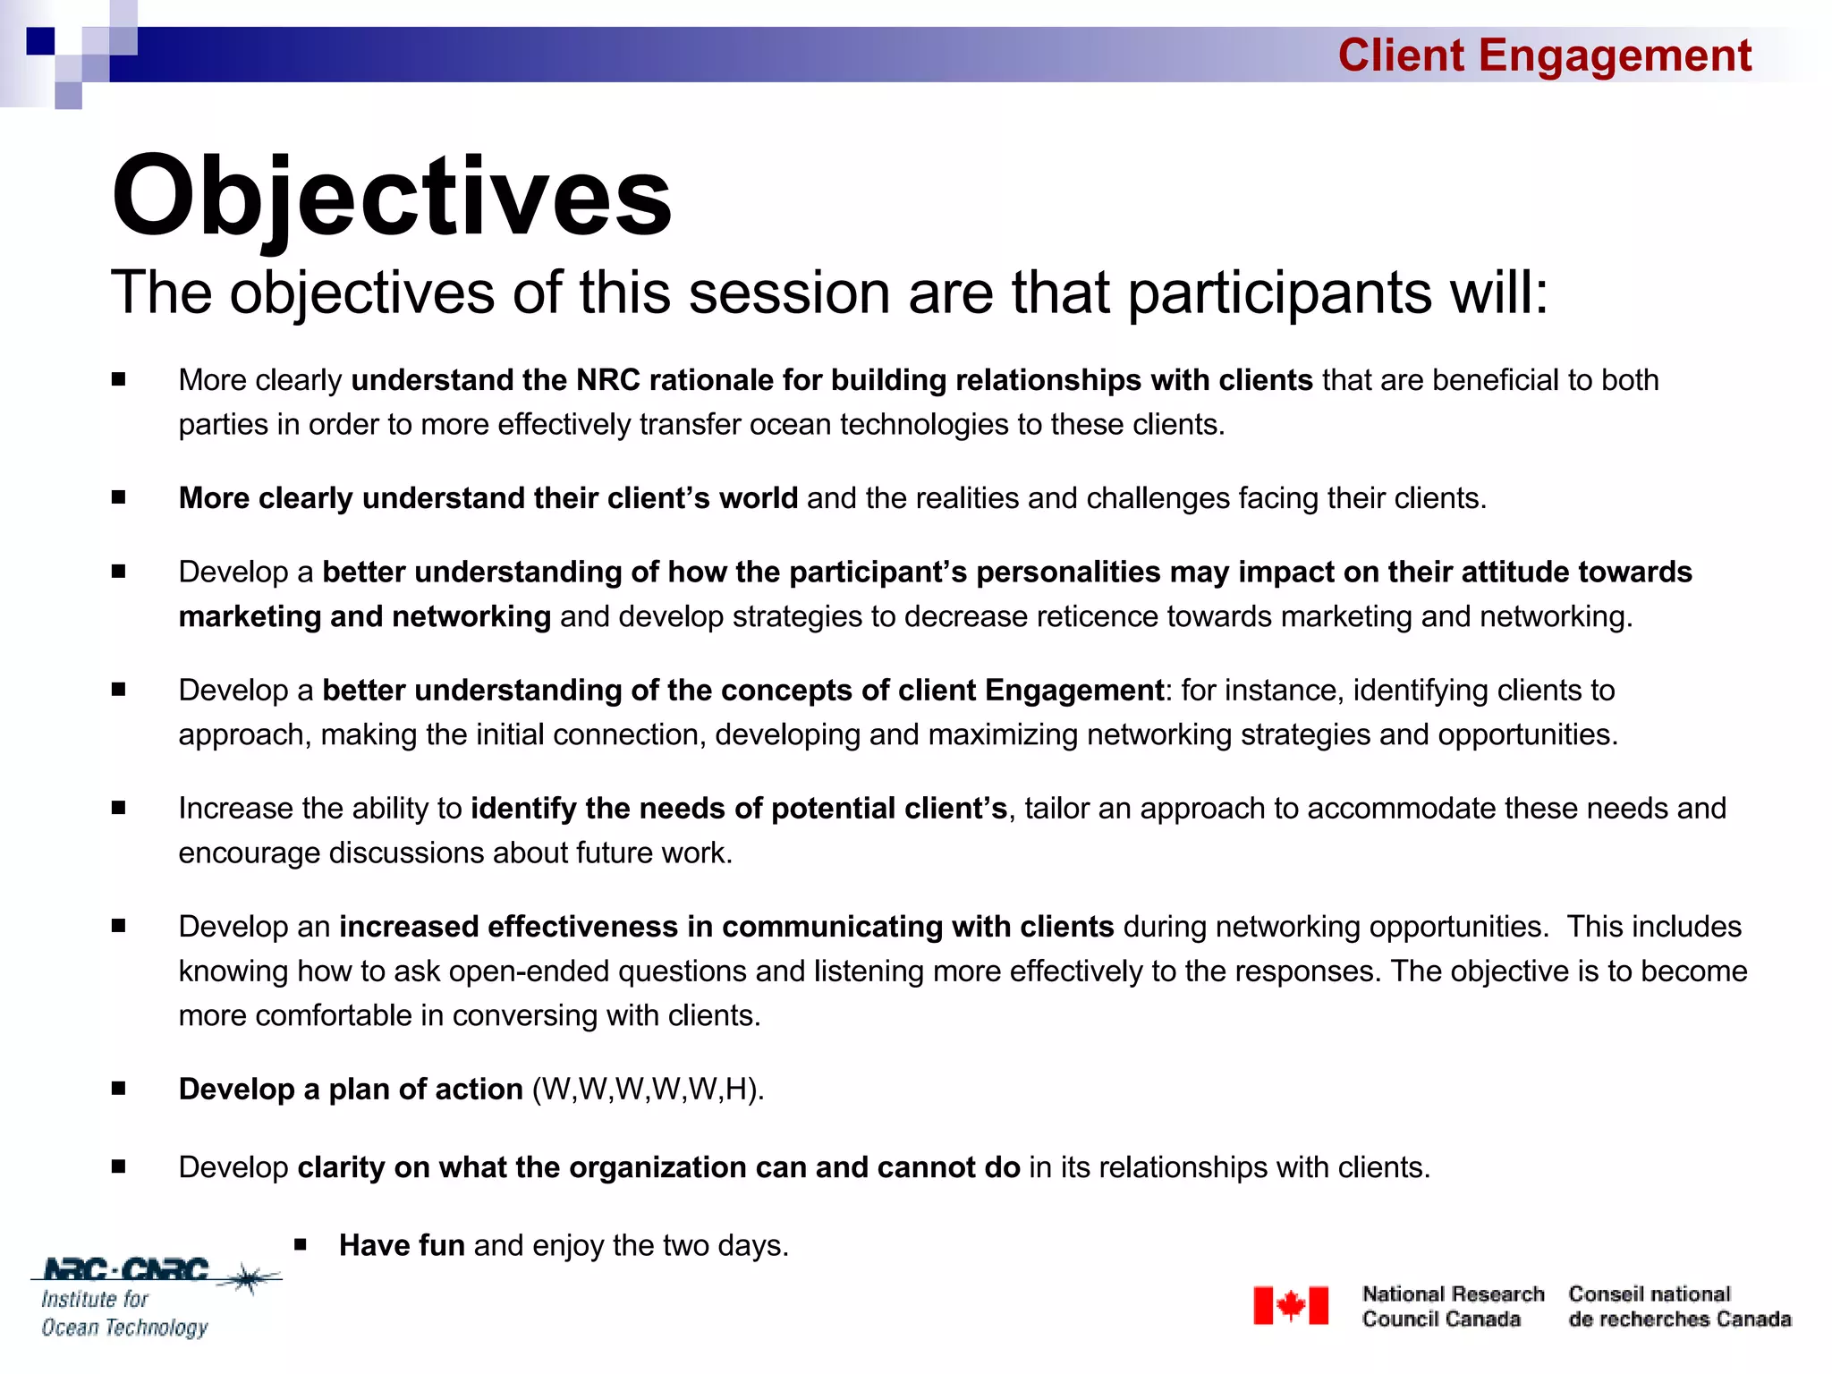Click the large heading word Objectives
(x=391, y=197)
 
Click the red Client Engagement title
(x=1544, y=55)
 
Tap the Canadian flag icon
(x=1290, y=1305)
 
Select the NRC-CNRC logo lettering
(x=126, y=1269)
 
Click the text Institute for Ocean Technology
(x=124, y=1313)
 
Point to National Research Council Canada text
(x=1452, y=1306)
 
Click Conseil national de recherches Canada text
(x=1679, y=1306)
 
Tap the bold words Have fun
(x=402, y=1245)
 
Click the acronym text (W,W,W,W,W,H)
(x=648, y=1090)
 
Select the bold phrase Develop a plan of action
(x=351, y=1090)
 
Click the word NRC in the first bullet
(x=607, y=380)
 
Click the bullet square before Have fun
(x=301, y=1244)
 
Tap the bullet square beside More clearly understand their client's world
(x=118, y=497)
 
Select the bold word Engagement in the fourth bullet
(x=1073, y=691)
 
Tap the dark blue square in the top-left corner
(x=40, y=41)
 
